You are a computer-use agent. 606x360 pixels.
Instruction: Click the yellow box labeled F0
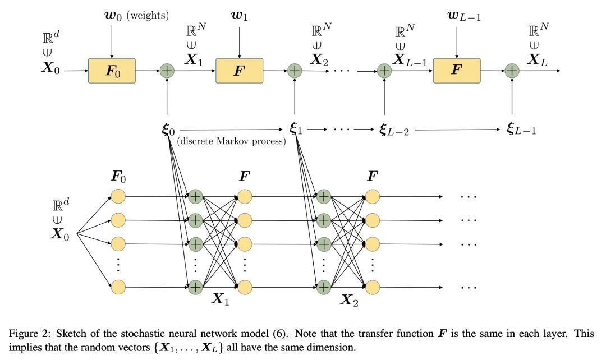112,71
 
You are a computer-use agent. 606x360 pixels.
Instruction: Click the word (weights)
148,16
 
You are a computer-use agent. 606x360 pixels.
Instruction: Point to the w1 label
240,16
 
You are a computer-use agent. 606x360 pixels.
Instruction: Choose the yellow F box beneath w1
240,71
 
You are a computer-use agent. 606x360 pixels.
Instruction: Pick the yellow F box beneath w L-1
457,71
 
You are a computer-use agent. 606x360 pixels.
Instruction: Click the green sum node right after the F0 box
167,71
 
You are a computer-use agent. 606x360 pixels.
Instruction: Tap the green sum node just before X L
512,71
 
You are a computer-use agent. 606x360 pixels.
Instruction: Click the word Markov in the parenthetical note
235,141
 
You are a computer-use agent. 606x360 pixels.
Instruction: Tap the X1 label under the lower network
220,299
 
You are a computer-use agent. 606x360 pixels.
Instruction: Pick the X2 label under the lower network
348,300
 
